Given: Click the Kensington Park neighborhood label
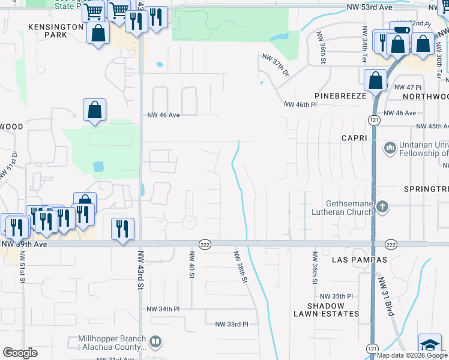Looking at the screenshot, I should coord(55,31).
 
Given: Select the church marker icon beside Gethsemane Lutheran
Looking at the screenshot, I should coord(382,207).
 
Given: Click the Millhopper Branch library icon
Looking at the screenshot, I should coord(155,342).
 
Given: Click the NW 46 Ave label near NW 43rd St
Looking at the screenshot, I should coord(164,115).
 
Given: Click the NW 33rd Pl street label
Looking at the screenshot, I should coord(232,324).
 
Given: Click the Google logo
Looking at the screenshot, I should coord(20,353).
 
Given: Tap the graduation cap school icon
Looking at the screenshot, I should coord(430,344).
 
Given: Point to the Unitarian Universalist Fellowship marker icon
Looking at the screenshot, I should coord(390,147).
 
